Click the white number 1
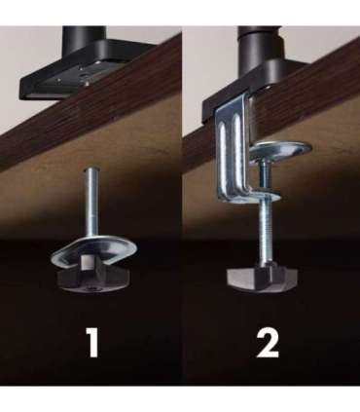coord(93,342)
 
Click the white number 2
coord(268,343)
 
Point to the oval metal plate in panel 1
coord(94,250)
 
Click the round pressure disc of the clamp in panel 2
coord(280,150)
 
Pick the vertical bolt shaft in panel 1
coord(92,203)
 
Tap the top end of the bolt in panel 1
coord(92,169)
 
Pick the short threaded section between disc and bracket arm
coord(264,175)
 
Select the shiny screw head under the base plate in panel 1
coord(87,83)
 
